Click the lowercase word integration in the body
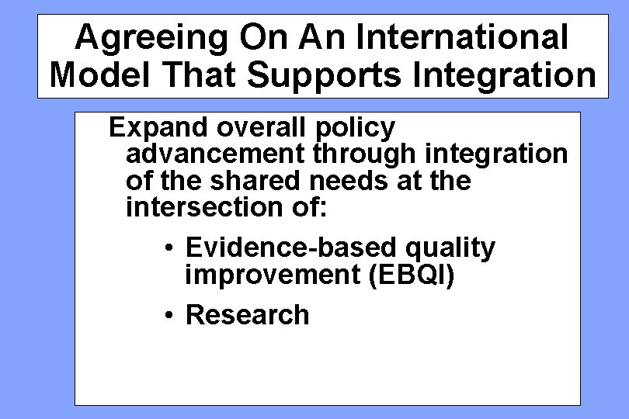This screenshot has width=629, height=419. [x=495, y=154]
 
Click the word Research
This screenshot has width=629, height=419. [x=248, y=315]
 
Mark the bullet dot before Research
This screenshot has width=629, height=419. [x=169, y=316]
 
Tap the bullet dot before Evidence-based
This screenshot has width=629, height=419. [x=169, y=249]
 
